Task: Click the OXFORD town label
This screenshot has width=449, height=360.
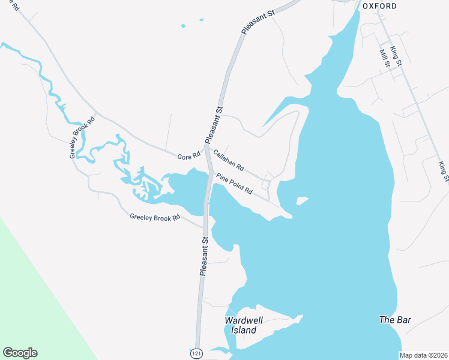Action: (x=379, y=6)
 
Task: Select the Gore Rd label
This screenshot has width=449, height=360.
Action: (x=188, y=157)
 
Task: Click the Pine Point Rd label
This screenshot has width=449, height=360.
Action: (x=235, y=184)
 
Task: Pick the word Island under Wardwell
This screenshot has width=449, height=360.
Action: (x=244, y=330)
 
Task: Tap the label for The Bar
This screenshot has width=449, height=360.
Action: (x=395, y=320)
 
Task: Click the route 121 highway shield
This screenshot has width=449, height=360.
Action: (x=196, y=353)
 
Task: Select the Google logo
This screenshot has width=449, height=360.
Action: (x=20, y=353)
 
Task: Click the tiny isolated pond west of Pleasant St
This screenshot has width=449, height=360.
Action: (x=183, y=26)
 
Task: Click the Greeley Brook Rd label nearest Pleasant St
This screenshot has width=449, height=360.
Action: (x=155, y=217)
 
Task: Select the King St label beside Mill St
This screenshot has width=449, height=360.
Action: (x=395, y=55)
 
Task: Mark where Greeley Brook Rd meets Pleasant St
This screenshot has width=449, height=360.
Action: (x=205, y=226)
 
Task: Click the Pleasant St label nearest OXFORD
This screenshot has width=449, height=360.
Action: (x=256, y=21)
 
